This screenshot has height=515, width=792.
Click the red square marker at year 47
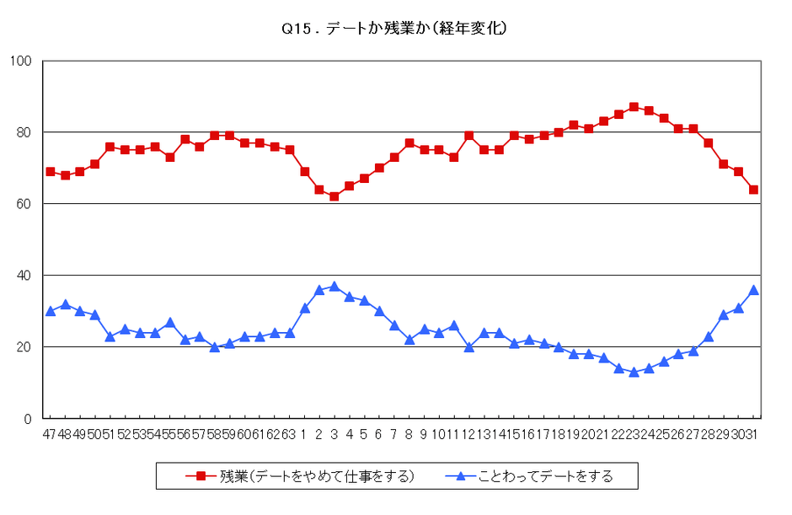51,172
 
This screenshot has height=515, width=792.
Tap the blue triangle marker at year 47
51,311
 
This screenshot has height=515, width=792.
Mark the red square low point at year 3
334,196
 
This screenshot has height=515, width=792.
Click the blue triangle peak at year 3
334,287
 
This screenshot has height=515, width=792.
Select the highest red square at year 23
634,107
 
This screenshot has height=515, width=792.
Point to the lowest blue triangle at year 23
634,372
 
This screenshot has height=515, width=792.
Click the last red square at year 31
753,190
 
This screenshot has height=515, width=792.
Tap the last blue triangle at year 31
753,290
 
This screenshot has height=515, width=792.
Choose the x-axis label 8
409,434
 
